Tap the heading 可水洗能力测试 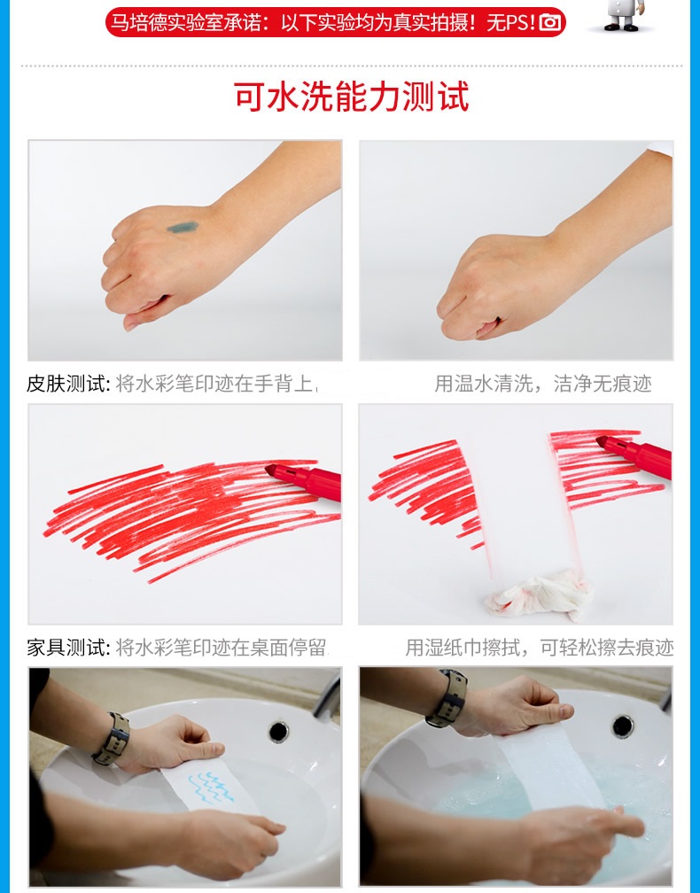click(352, 97)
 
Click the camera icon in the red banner click(550, 22)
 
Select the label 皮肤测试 click(67, 384)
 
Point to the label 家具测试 click(67, 647)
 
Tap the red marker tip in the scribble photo click(271, 471)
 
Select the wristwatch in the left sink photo click(112, 738)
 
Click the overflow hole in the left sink click(278, 732)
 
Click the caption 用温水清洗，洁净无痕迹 click(543, 384)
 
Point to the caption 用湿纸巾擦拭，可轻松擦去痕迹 click(540, 647)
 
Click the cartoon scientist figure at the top click(625, 14)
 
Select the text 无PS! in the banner click(511, 22)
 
